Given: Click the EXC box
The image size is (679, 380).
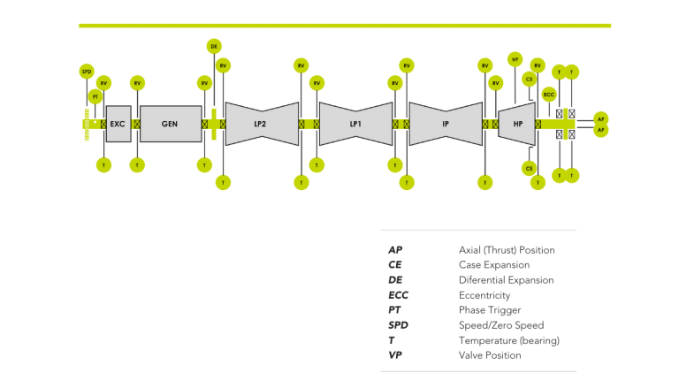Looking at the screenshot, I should click(x=118, y=125).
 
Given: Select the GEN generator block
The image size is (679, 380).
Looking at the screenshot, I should click(x=171, y=125).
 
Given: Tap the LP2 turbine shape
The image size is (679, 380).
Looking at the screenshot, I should click(x=261, y=125).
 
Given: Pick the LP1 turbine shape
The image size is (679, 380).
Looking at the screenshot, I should click(x=355, y=125).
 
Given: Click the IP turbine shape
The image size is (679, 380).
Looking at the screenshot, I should click(x=446, y=125).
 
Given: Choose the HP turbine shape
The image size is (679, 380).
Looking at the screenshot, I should click(x=517, y=125).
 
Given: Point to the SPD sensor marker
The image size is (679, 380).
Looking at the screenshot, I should click(x=87, y=71).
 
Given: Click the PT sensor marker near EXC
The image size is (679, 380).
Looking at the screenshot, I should click(x=95, y=95).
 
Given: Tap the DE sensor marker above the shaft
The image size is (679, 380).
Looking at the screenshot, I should click(x=214, y=46).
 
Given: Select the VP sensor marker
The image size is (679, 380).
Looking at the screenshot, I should click(x=515, y=59).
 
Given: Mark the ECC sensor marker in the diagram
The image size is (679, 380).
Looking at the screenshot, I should click(x=549, y=95).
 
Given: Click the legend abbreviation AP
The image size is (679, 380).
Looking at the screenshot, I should click(x=395, y=250).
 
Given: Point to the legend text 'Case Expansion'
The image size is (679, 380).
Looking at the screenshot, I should click(x=494, y=265).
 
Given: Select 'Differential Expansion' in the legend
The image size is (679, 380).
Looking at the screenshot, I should click(x=506, y=280).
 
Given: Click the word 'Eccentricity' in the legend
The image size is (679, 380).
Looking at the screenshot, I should click(x=484, y=295).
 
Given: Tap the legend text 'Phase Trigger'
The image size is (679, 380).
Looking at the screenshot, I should click(x=490, y=310).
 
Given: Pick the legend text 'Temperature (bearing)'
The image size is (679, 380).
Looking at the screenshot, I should click(x=509, y=340).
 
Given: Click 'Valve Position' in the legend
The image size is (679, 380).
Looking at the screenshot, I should click(x=490, y=355).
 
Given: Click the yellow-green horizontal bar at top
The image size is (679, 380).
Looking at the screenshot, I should click(x=345, y=26).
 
